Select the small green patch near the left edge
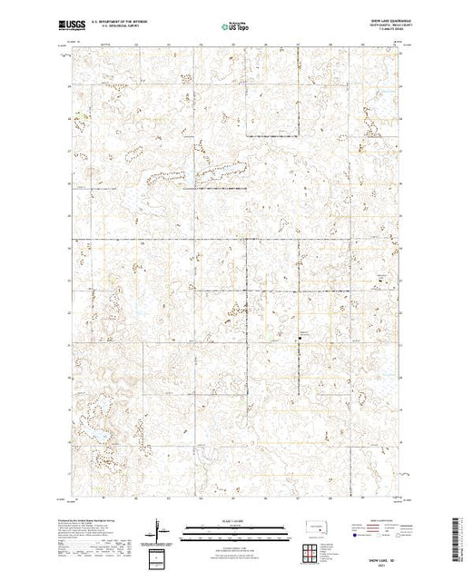click(79, 114)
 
